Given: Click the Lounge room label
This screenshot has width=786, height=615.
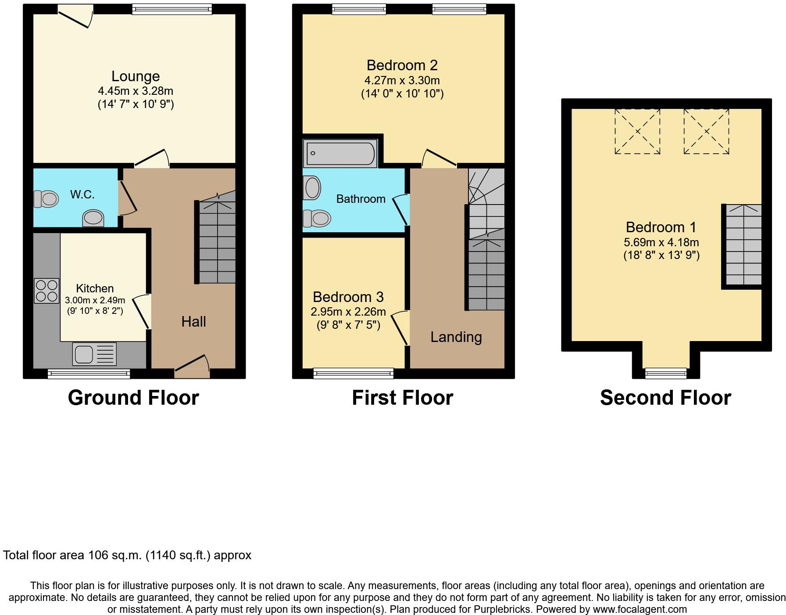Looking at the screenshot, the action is click(135, 76).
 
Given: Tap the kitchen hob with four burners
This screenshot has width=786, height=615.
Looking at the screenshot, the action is click(46, 291).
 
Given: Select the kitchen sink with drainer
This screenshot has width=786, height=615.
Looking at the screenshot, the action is click(94, 354).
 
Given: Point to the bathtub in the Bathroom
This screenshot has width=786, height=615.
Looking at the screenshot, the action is click(340, 153).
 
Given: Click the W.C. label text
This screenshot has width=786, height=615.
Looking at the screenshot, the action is click(82, 194).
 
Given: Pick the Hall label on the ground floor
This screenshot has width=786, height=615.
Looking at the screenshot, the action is click(193, 322).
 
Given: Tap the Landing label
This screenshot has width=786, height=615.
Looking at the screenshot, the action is click(456, 337).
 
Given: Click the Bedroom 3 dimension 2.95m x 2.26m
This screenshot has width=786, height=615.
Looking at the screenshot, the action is click(348, 312).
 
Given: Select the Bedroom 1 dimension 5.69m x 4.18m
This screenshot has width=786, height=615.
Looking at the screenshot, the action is click(661, 242).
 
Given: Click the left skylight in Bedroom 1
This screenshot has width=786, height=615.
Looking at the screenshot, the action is click(637, 131).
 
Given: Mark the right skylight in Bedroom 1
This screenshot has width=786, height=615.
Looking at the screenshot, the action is click(706, 131).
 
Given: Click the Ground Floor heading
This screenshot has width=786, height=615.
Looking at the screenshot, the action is click(133, 398).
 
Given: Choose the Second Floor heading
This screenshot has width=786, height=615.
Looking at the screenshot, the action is click(665, 398).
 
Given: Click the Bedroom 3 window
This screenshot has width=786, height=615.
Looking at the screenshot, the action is click(354, 374).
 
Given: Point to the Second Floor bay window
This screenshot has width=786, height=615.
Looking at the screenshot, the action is click(665, 373).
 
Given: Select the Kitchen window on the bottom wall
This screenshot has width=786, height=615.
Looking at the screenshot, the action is click(89, 374).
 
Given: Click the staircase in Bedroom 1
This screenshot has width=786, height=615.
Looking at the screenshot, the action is click(743, 245).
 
